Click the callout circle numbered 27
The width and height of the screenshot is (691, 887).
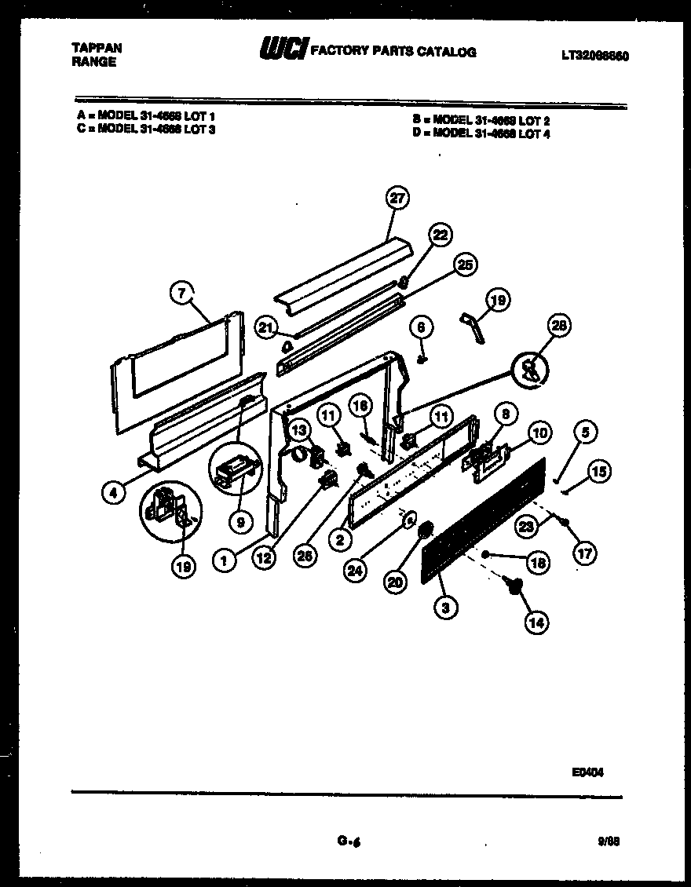397,198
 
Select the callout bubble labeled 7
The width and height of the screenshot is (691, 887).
181,294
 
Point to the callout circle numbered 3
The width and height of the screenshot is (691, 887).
445,606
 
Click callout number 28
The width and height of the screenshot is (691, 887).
561,325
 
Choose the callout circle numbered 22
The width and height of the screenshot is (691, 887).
441,235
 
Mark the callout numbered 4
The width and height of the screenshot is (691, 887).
115,492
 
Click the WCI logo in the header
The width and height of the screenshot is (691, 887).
283,49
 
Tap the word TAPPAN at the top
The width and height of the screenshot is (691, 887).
97,48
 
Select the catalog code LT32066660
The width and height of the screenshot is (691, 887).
594,56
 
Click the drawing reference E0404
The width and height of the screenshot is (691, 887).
587,772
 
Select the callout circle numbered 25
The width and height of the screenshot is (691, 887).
466,266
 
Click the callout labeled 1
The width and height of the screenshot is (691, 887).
225,560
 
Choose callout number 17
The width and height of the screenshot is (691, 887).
584,554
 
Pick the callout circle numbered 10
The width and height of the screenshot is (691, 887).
539,433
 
